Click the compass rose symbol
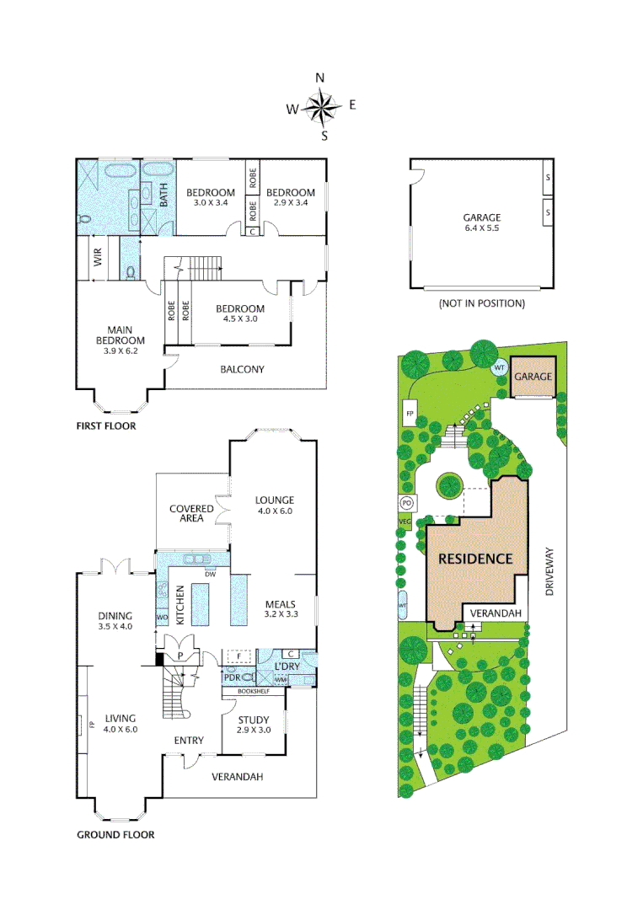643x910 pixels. click(321, 107)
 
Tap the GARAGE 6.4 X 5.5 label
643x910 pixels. click(481, 222)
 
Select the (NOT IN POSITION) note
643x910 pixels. click(481, 303)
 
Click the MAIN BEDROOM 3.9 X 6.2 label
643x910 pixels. click(115, 340)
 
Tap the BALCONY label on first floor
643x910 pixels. click(242, 369)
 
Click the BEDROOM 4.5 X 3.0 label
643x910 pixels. click(240, 314)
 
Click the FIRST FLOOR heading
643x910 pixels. click(106, 426)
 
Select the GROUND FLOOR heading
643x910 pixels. click(115, 835)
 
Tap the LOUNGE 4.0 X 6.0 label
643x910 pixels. click(275, 506)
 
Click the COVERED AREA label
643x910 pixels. click(191, 514)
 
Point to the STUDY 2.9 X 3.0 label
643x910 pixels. click(253, 725)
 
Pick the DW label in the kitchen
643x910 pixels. click(210, 574)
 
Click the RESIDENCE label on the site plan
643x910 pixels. click(474, 558)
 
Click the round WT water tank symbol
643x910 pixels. click(498, 368)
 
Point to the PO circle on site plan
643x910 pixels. click(406, 502)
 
